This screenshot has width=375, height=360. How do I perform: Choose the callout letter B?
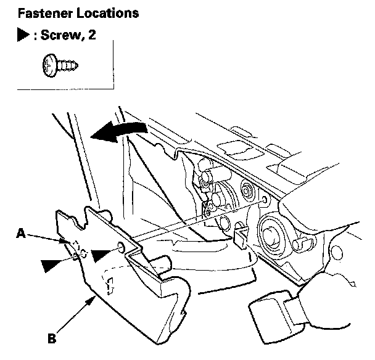click(52, 337)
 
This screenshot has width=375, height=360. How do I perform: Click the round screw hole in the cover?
click(119, 249)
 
